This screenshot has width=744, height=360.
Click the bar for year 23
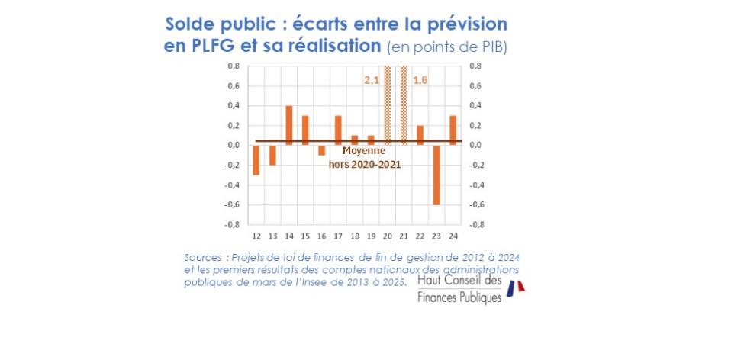pyautogui.click(x=437, y=175)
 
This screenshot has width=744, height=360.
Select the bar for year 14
pyautogui.click(x=289, y=125)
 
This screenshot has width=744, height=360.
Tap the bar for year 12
pyautogui.click(x=256, y=159)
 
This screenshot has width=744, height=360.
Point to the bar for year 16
pyautogui.click(x=322, y=150)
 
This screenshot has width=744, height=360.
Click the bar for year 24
pyautogui.click(x=453, y=130)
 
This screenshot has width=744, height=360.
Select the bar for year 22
pyautogui.click(x=420, y=135)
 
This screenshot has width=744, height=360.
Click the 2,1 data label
pyautogui.click(x=372, y=79)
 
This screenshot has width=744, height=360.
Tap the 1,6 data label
pyautogui.click(x=420, y=79)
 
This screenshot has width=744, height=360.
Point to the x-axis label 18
pyautogui.click(x=355, y=236)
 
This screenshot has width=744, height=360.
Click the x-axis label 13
pyautogui.click(x=272, y=236)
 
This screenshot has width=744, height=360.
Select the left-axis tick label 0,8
pyautogui.click(x=234, y=66)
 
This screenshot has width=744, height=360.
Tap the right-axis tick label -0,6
pyautogui.click(x=475, y=204)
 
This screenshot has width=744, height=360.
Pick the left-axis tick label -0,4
pyautogui.click(x=233, y=185)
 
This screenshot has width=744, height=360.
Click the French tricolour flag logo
pyautogui.click(x=517, y=288)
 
